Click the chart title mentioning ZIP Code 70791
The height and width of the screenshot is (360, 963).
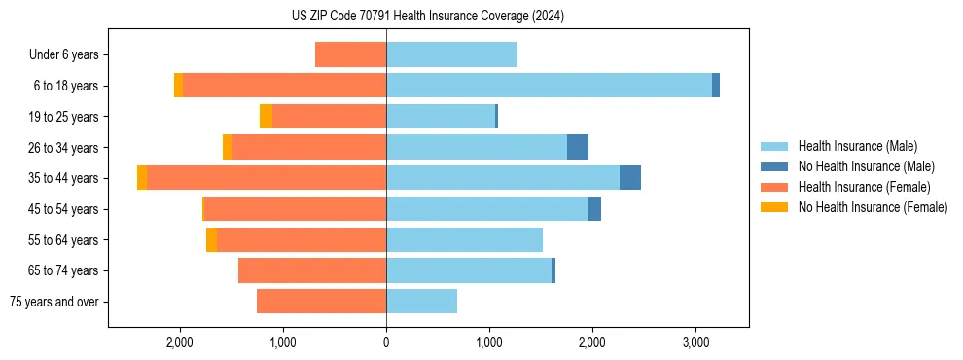pos(428,17)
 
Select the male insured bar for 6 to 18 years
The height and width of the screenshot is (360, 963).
pos(549,86)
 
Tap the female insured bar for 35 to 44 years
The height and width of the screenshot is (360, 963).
pos(267,178)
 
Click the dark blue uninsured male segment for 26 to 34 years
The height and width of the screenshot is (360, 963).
pos(578,147)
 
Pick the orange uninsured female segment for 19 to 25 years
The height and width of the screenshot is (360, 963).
pos(266,117)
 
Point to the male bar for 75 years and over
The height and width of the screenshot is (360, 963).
pos(421,302)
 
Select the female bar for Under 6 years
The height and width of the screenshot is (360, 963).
pos(350,54)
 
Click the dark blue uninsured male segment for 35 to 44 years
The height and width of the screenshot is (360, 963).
pos(630,178)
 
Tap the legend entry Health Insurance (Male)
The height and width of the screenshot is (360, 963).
pos(857,146)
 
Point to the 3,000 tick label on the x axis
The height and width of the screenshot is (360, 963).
pos(695,342)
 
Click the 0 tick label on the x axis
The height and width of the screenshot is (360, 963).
pos(386,342)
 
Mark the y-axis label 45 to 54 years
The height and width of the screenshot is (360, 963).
pos(65,209)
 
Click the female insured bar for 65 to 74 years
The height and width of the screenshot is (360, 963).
pos(312,270)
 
